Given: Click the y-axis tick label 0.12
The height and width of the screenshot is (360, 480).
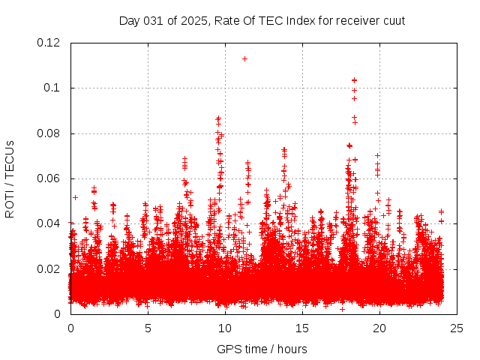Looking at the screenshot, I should click(x=49, y=43).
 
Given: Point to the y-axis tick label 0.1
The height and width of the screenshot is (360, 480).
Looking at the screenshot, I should click(x=53, y=88).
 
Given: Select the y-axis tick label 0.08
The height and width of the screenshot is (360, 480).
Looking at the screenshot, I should click(x=49, y=133).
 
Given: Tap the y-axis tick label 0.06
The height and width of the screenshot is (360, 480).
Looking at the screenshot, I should click(x=49, y=178).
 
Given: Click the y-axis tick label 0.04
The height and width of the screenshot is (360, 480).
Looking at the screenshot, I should click(x=49, y=223).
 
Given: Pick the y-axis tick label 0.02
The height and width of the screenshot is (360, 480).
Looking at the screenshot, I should click(x=49, y=268).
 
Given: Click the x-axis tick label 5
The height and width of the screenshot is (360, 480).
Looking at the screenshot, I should click(x=148, y=328).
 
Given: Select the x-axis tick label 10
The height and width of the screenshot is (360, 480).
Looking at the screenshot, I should click(x=225, y=328).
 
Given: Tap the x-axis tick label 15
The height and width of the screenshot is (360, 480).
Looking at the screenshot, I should click(x=302, y=328).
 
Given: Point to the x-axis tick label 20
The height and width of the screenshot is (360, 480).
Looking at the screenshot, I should click(x=379, y=328).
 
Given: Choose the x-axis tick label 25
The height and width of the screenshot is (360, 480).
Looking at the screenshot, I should click(x=457, y=328).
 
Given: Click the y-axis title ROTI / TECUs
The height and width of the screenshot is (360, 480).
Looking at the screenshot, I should click(x=10, y=178).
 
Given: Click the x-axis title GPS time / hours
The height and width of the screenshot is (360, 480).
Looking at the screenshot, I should click(x=262, y=349).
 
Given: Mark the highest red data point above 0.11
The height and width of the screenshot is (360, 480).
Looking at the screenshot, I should click(x=244, y=58).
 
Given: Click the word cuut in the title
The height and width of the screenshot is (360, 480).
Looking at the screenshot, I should click(x=393, y=20).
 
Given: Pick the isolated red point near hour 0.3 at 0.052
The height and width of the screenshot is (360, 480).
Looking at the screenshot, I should click(x=75, y=197).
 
